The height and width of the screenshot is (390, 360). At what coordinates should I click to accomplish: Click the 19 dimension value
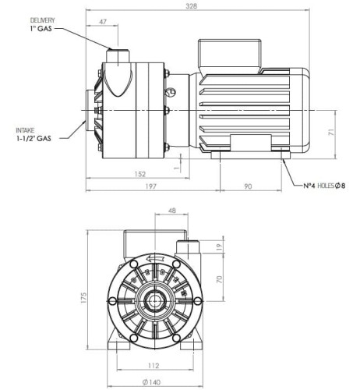coord(219,247)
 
